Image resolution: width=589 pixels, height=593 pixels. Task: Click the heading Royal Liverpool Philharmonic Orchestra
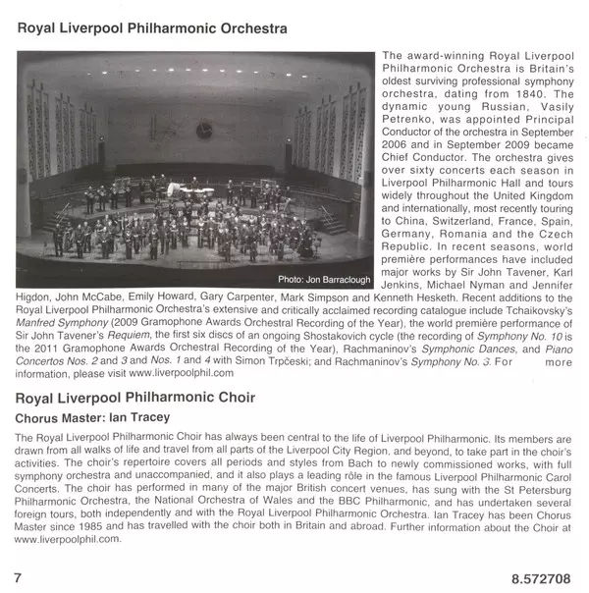click(152, 28)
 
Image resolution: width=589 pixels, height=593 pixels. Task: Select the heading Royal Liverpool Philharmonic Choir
click(136, 398)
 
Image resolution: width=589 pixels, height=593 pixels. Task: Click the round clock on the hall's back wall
click(203, 129)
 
